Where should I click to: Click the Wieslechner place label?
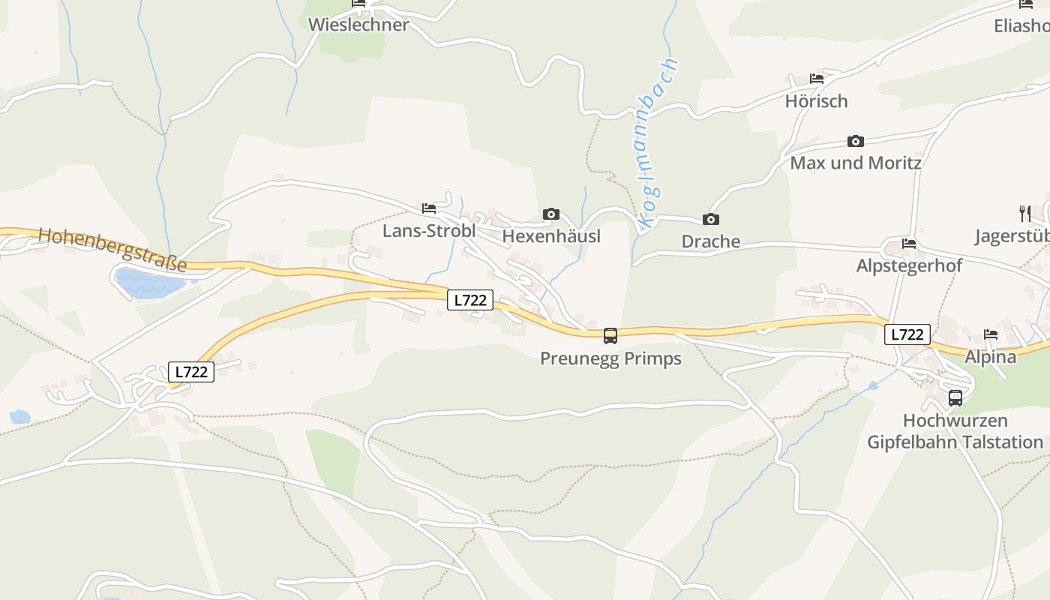coord(358,25)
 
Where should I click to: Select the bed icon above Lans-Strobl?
coord(429,208)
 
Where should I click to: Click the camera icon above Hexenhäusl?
coord(551,214)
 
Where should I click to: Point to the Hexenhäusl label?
coord(551,236)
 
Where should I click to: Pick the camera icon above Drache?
coord(710,219)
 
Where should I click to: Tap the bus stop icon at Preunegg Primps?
coord(610,335)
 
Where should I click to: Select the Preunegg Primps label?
coord(610,358)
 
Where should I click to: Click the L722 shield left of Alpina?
coord(907,334)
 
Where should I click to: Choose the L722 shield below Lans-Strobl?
coord(470,300)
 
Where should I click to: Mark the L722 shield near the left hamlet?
coord(190,371)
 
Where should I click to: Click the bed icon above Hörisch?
coord(817,79)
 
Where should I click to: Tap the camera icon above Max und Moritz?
coord(855,141)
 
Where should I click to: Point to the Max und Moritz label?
coord(856,163)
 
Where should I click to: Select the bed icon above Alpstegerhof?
coord(909,244)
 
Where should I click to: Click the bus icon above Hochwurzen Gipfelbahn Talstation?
coord(955,398)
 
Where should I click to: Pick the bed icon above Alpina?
coord(991,334)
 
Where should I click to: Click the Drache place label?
coord(710,241)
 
